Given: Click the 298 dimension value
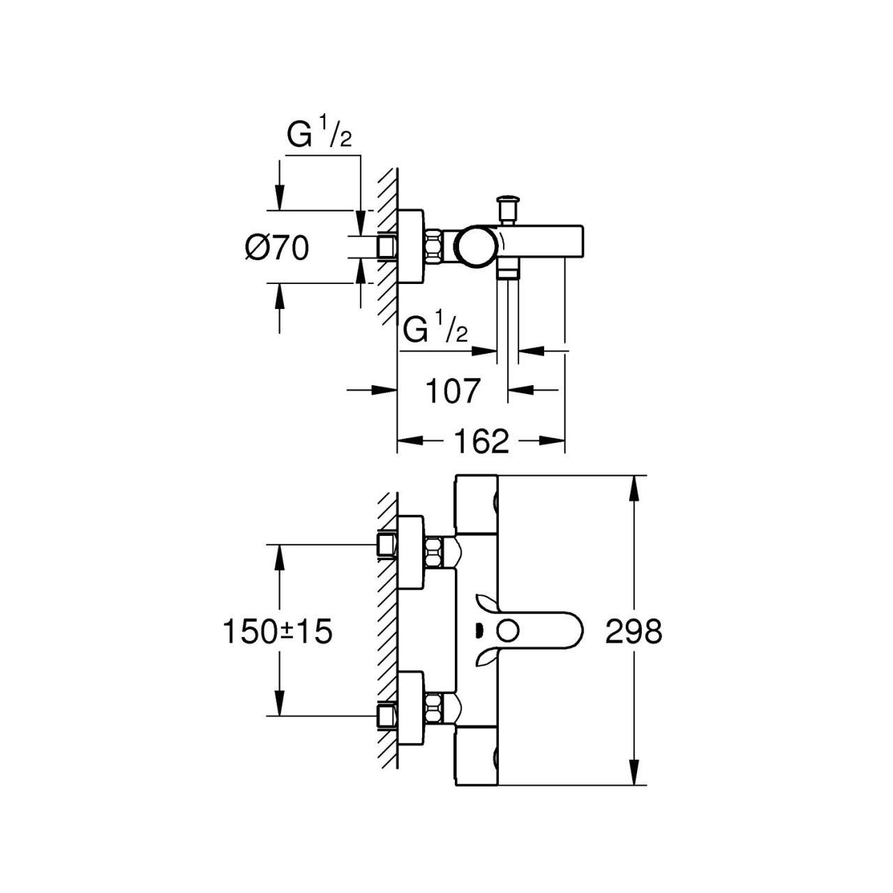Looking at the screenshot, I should (633, 633).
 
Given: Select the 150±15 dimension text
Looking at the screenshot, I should (276, 633).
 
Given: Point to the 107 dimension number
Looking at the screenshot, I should (453, 391).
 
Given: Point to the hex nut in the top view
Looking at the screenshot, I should (435, 247).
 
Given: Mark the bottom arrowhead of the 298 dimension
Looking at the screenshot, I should (633, 777).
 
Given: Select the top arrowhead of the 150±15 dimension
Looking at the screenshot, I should (279, 555).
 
